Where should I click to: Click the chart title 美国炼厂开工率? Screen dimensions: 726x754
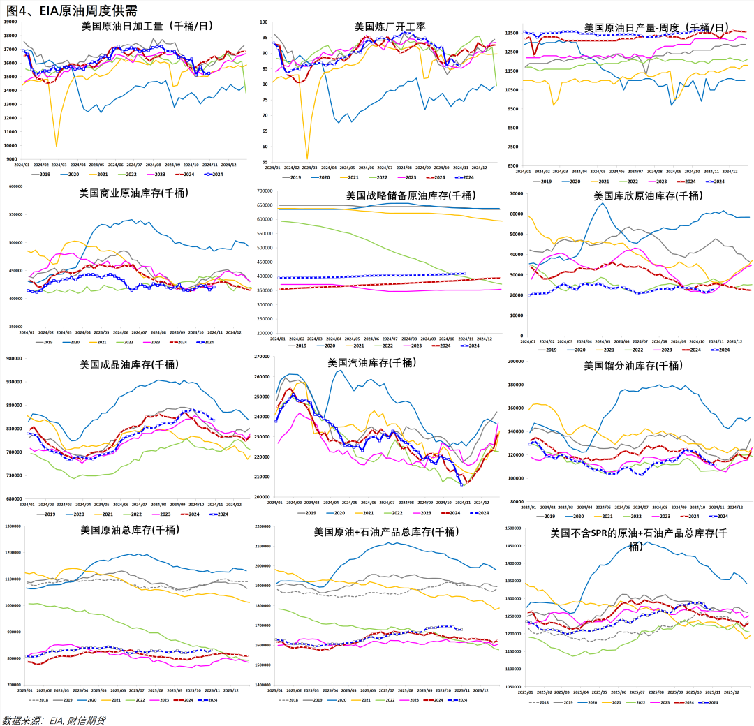(x=390, y=27)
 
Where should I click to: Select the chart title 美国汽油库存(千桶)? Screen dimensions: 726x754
(x=371, y=363)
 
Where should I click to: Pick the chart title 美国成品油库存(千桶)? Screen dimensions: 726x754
(x=129, y=364)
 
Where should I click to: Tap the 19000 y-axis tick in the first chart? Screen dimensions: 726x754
(x=11, y=22)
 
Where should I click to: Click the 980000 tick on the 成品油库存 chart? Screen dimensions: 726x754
(x=13, y=359)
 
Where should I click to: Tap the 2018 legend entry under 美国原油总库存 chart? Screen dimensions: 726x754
(x=41, y=700)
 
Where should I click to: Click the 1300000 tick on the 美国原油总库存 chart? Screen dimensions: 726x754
(x=13, y=526)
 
